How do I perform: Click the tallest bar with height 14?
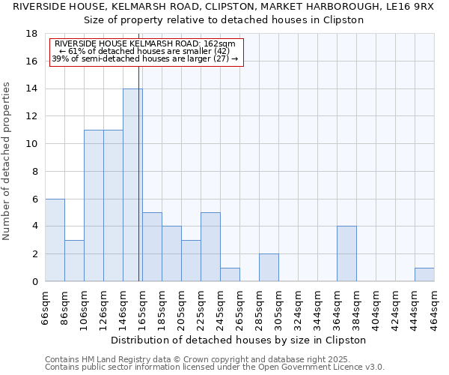coord(132,185)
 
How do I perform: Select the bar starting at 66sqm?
coord(55,240)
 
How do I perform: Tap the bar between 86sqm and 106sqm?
coord(74,261)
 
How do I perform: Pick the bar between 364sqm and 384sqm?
coord(346,253)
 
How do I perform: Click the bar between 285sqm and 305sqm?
coord(269,268)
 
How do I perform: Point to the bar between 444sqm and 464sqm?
coord(424,274)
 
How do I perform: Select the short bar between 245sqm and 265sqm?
coord(230,274)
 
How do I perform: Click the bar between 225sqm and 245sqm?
coord(210,247)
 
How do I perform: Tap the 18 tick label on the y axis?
coord(31,34)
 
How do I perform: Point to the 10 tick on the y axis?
coord(31,144)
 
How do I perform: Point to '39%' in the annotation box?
coord(60,58)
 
